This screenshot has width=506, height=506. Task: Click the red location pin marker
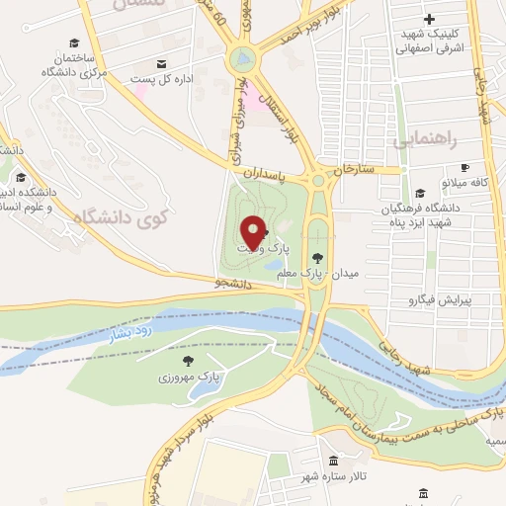pyautogui.click(x=252, y=232)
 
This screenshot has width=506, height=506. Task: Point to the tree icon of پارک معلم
pyautogui.click(x=316, y=257)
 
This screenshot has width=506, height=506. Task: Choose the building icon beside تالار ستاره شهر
pyautogui.click(x=333, y=461)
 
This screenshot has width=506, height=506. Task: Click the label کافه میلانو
pyautogui.click(x=465, y=183)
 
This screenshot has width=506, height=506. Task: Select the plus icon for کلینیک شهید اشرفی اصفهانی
pyautogui.click(x=429, y=19)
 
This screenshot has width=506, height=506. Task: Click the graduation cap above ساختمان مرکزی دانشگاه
pyautogui.click(x=73, y=42)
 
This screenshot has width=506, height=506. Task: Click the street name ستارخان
pyautogui.click(x=356, y=172)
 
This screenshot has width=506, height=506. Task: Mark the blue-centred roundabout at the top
pyautogui.click(x=241, y=61)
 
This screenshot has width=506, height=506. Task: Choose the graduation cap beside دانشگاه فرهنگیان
pyautogui.click(x=420, y=194)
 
